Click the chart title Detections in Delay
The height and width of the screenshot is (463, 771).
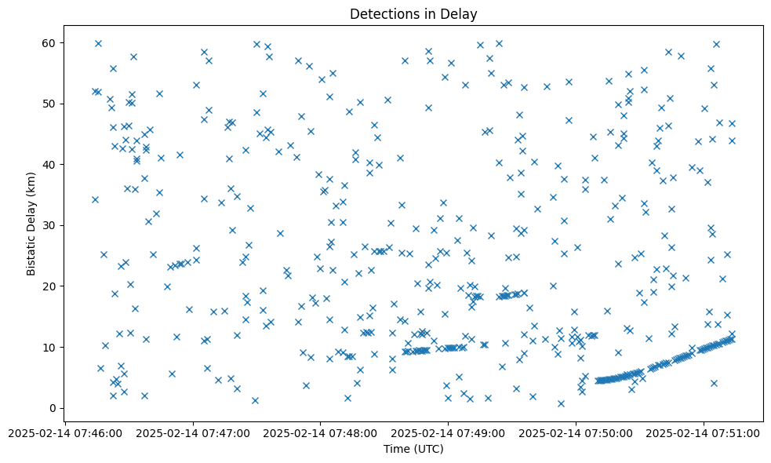coord(413,14)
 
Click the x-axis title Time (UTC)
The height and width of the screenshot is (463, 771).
coord(413,450)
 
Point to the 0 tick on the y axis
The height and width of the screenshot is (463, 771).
coord(53,408)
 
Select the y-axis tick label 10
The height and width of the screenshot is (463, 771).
coord(49,347)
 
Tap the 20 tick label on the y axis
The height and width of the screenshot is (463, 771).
coord(49,286)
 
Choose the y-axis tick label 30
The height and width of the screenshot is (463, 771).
coord(49,225)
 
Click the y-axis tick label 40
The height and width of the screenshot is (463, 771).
coord(49,164)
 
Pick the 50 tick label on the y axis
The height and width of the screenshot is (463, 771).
coord(49,104)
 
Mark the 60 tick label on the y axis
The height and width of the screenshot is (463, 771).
coord(49,42)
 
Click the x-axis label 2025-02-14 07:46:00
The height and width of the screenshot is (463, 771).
coord(64,432)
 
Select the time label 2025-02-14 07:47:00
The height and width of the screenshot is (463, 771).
coord(192,432)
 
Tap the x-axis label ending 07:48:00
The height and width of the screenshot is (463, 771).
coord(320,432)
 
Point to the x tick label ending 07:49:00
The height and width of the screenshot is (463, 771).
coord(448,432)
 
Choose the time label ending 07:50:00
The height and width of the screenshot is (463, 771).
coord(576,432)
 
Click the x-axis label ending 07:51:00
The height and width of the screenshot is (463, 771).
coord(704,432)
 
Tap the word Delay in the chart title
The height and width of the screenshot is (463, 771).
coord(461,14)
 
